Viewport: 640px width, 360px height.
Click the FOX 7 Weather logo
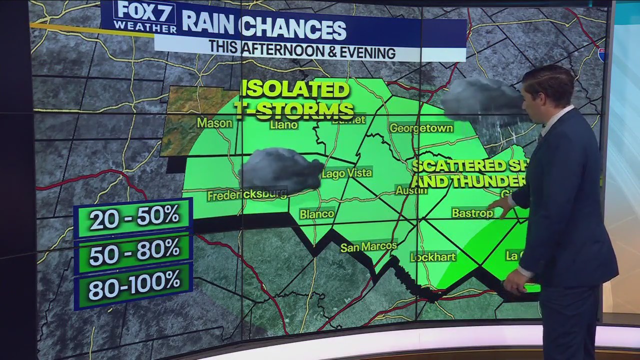click(x=144, y=17)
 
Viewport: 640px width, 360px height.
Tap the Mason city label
click(x=214, y=122)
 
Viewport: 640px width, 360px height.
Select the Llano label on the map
click(x=283, y=124)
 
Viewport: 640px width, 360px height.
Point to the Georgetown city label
click(x=421, y=128)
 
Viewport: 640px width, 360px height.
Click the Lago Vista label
click(x=347, y=173)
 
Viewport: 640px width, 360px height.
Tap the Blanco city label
click(x=317, y=214)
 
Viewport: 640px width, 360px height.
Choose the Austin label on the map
click(x=411, y=190)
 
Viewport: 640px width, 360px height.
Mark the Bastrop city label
click(x=472, y=213)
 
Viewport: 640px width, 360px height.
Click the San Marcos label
click(x=368, y=246)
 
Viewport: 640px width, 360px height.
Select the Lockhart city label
click(x=433, y=257)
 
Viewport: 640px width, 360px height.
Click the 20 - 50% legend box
click(x=133, y=217)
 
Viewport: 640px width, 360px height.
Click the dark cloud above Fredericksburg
click(x=281, y=169)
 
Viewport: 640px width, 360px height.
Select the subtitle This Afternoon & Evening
click(x=301, y=51)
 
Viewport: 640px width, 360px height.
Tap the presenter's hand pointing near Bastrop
click(x=500, y=206)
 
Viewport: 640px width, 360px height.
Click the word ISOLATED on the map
click(x=295, y=90)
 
